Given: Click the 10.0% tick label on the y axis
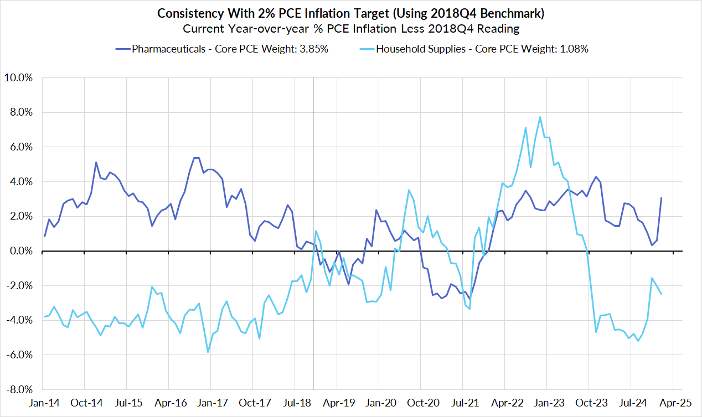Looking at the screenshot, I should [20, 78].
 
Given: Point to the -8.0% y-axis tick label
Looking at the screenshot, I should [20, 389].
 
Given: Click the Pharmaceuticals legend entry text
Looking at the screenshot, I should [230, 49].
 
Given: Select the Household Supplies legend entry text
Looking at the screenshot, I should [482, 49].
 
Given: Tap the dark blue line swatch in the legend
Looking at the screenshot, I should [122, 49].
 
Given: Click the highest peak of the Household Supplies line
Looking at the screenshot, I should [540, 117].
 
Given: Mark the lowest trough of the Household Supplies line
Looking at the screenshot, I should [208, 352].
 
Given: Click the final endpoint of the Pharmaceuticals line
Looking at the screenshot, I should [662, 198].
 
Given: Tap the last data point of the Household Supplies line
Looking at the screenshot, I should [662, 294].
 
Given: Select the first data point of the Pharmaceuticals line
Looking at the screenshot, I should [44, 237].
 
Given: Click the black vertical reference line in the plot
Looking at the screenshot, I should [313, 166].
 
